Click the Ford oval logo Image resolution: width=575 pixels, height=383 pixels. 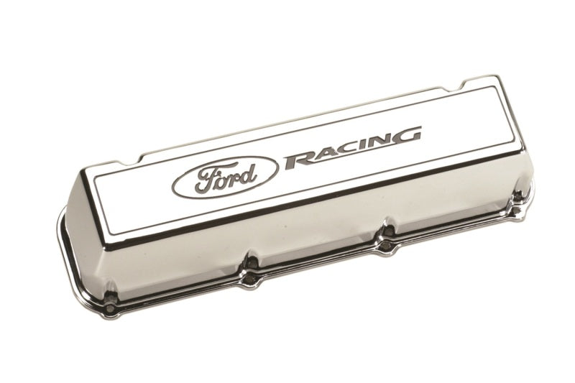224,176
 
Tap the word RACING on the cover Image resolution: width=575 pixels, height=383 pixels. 352,147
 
